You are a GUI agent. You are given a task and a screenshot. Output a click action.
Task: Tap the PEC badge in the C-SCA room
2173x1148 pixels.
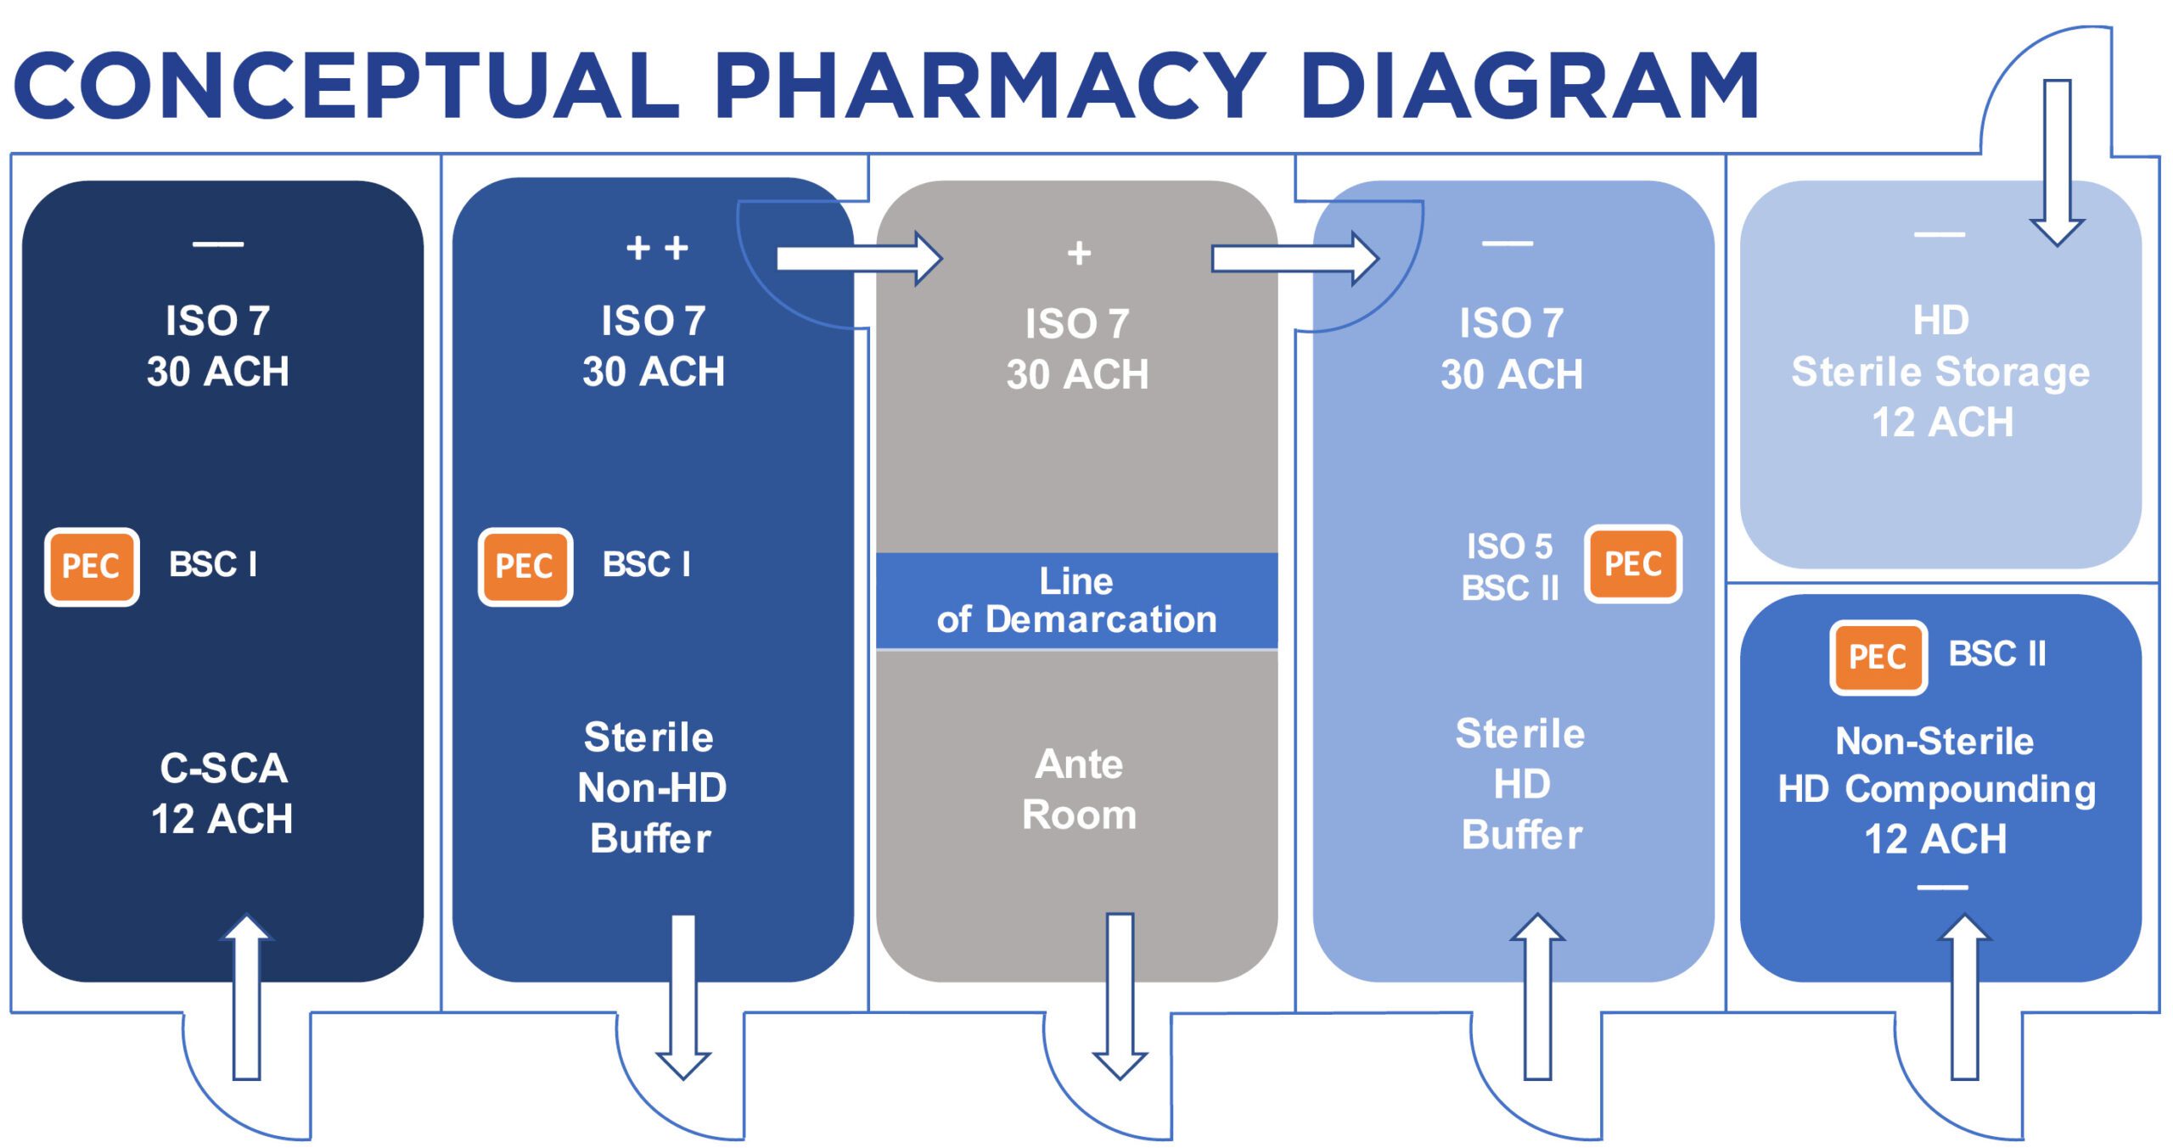pos(92,566)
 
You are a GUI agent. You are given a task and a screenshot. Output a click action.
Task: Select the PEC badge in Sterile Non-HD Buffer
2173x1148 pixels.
pos(525,566)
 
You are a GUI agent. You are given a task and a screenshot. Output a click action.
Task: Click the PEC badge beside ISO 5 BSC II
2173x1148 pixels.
pos(1632,564)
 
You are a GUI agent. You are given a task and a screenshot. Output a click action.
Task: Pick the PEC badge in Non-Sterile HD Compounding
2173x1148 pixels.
pos(1878,657)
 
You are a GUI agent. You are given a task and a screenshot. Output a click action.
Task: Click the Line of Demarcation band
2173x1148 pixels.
pos(1076,601)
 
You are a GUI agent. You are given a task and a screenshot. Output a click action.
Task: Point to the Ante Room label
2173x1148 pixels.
pos(1079,789)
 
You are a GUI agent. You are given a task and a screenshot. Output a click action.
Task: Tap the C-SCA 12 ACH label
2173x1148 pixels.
pos(222,793)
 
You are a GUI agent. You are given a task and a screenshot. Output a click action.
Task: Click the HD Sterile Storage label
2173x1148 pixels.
pos(1940,372)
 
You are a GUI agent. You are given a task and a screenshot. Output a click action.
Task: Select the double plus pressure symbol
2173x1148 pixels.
pos(657,249)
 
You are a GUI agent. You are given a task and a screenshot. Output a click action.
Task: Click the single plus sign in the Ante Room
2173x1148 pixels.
pos(1079,253)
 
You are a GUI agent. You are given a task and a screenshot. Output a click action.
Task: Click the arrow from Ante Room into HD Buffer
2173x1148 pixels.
pos(1294,259)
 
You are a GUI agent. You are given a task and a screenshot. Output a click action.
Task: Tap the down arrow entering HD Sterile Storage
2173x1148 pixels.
pos(2057,161)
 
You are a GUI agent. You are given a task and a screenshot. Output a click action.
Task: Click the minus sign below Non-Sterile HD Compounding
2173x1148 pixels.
pos(1942,888)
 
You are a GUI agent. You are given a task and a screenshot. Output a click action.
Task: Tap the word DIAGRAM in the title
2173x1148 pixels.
pos(1528,85)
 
